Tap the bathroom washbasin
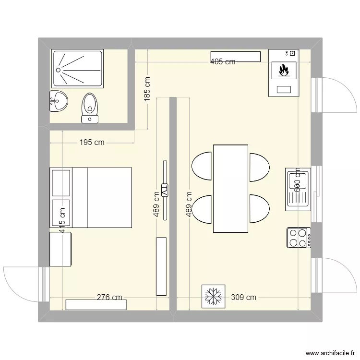(x=59, y=101)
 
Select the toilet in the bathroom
(x=90, y=108)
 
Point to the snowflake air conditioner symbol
(x=212, y=296)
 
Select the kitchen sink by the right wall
(x=298, y=189)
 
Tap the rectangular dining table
(x=230, y=189)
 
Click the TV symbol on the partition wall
(x=165, y=191)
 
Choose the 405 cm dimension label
(x=223, y=61)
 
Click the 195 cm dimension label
(x=92, y=143)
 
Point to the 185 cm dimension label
(x=147, y=88)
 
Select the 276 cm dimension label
(x=109, y=298)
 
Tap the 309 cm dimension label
(x=244, y=298)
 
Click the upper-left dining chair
(x=202, y=166)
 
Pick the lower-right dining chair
(x=259, y=209)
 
